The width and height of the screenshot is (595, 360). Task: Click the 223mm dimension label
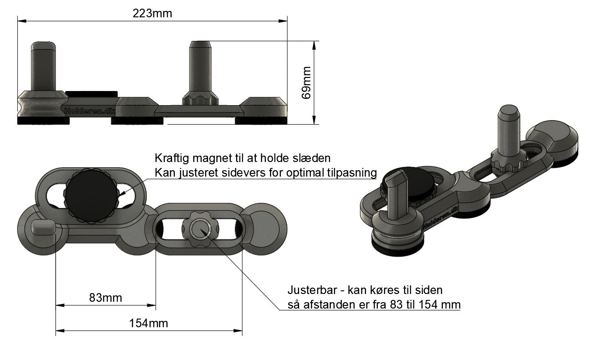point(152,13)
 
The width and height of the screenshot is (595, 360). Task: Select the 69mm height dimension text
point(306,82)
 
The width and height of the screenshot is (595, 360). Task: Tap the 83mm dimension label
point(106,298)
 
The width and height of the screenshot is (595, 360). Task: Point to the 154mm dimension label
point(148,323)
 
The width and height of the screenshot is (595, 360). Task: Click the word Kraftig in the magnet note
point(171,158)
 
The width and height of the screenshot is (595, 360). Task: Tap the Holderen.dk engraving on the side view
point(90,111)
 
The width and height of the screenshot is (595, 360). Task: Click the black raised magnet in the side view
point(91,93)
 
